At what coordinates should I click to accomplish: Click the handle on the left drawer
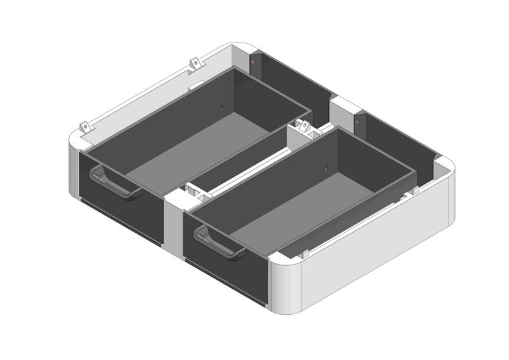tap(115, 184)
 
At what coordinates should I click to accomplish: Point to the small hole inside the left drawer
tap(221, 107)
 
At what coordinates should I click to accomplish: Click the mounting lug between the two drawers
tap(305, 127)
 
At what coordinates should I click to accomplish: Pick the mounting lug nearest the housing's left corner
tap(85, 127)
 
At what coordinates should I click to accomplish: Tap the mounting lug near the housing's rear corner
tap(195, 64)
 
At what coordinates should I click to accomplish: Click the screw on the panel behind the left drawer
tap(253, 62)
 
